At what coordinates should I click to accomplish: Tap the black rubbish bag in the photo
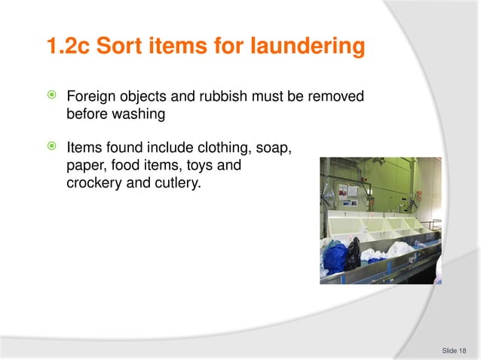(x=352, y=254)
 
